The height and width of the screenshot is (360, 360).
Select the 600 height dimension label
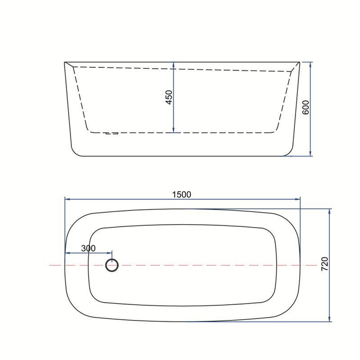click(306, 108)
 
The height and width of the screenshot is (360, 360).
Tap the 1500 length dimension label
click(182, 194)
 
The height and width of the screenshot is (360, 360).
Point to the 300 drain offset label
click(88, 248)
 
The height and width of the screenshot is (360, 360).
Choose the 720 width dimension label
click(325, 264)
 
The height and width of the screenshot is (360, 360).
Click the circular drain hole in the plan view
click(112, 265)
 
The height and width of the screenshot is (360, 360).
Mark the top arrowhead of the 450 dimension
click(174, 64)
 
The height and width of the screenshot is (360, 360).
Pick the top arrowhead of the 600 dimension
click(310, 64)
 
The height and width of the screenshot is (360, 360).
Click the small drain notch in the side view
click(111, 134)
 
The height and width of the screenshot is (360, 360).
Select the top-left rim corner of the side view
click(65, 62)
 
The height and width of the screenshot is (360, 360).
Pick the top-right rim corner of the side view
click(299, 62)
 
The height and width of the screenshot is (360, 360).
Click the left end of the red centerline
click(50, 265)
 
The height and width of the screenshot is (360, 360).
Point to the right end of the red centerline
click(317, 265)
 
